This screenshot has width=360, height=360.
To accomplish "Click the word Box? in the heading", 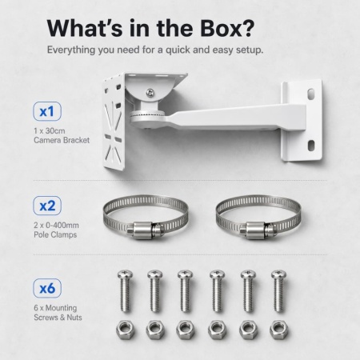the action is coord(227,28).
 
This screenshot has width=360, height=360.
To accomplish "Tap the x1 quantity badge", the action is coord(47,111).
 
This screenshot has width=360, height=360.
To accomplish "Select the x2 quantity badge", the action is coord(47,206).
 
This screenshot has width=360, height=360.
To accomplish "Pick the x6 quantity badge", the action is coord(47,288).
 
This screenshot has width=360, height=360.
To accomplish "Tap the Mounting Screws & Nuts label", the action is coord(58,313).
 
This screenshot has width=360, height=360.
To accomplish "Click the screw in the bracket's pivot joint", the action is coord(150,93).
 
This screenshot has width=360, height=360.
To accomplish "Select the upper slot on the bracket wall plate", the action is coord(311,93).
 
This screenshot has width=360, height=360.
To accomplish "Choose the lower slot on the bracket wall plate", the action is coord(311,145).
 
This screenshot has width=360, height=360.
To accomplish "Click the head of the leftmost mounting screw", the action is coord(125,274).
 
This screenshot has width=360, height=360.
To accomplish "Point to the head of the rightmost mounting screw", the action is coord(278,274).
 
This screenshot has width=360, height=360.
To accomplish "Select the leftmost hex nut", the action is coord(125,330).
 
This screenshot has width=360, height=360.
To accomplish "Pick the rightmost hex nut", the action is coord(279,330).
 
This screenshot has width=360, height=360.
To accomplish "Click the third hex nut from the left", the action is coord(186,330).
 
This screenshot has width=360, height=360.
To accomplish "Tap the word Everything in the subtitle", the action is coord(71,50).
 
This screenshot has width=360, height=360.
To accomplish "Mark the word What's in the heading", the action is coord(85,28).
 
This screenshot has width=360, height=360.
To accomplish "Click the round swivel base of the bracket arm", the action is coord(147,118).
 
